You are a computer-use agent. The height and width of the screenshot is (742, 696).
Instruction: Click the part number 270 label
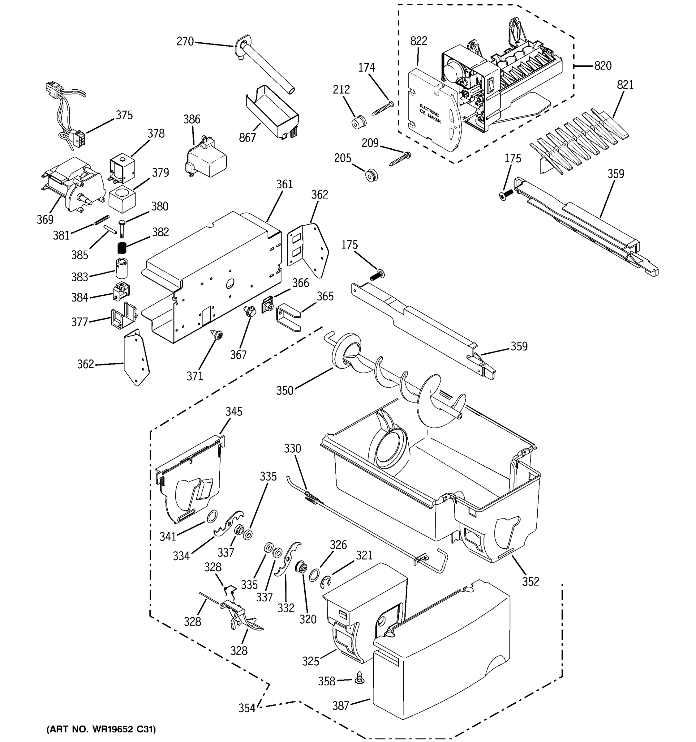pyautogui.click(x=185, y=41)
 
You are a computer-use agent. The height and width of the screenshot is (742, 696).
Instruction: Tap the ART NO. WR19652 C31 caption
pyautogui.click(x=101, y=729)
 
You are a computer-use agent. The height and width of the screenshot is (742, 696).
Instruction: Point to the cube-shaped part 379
pyautogui.click(x=122, y=200)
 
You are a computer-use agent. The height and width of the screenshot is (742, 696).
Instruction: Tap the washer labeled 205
pyautogui.click(x=371, y=175)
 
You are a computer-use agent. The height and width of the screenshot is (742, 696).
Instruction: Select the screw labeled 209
pyautogui.click(x=400, y=158)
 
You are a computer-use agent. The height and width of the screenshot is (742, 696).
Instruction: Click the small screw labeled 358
pyautogui.click(x=360, y=677)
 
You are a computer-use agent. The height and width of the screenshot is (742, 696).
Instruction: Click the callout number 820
pyautogui.click(x=603, y=66)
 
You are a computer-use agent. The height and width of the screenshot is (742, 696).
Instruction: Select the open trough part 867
pyautogui.click(x=272, y=111)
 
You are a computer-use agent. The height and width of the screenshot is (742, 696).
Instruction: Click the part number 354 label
pyautogui.click(x=247, y=708)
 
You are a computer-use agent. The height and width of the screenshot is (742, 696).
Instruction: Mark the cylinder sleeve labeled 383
pyautogui.click(x=121, y=268)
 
